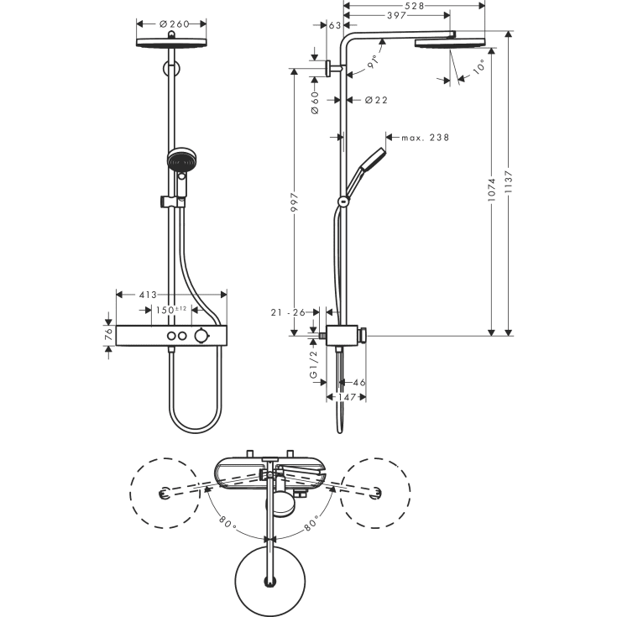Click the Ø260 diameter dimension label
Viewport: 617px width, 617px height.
(174, 24)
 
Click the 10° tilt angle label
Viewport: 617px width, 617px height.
(478, 71)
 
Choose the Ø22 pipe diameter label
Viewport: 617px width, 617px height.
(376, 101)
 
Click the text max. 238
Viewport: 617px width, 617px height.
(426, 137)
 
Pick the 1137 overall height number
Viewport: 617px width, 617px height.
(509, 180)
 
